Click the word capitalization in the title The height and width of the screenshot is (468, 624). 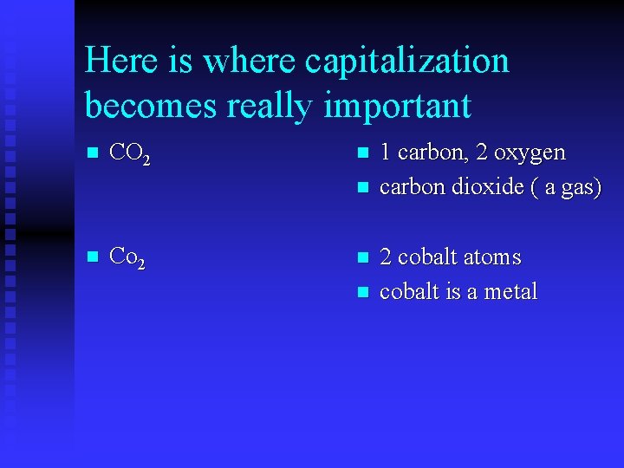[407, 61]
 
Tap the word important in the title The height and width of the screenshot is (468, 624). [397, 106]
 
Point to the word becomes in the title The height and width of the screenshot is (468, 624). [152, 106]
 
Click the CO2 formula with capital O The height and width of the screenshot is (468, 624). [133, 155]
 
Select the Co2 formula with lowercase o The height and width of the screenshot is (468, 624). [129, 257]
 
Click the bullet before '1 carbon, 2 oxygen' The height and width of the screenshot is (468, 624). [362, 154]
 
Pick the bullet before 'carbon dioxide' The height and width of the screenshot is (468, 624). [362, 188]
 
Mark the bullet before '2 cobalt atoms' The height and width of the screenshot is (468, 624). [362, 258]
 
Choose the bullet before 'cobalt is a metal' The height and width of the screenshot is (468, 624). [362, 292]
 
